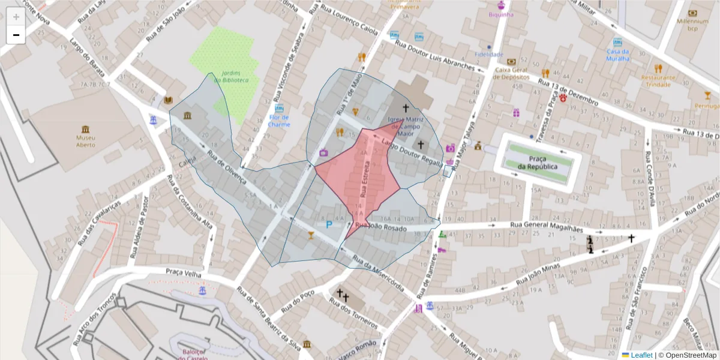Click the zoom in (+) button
[16, 17]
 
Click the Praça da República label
[538, 163]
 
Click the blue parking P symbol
[328, 224]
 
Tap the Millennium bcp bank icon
[693, 13]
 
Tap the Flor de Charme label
[279, 121]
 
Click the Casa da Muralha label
[617, 55]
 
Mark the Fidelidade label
[488, 54]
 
